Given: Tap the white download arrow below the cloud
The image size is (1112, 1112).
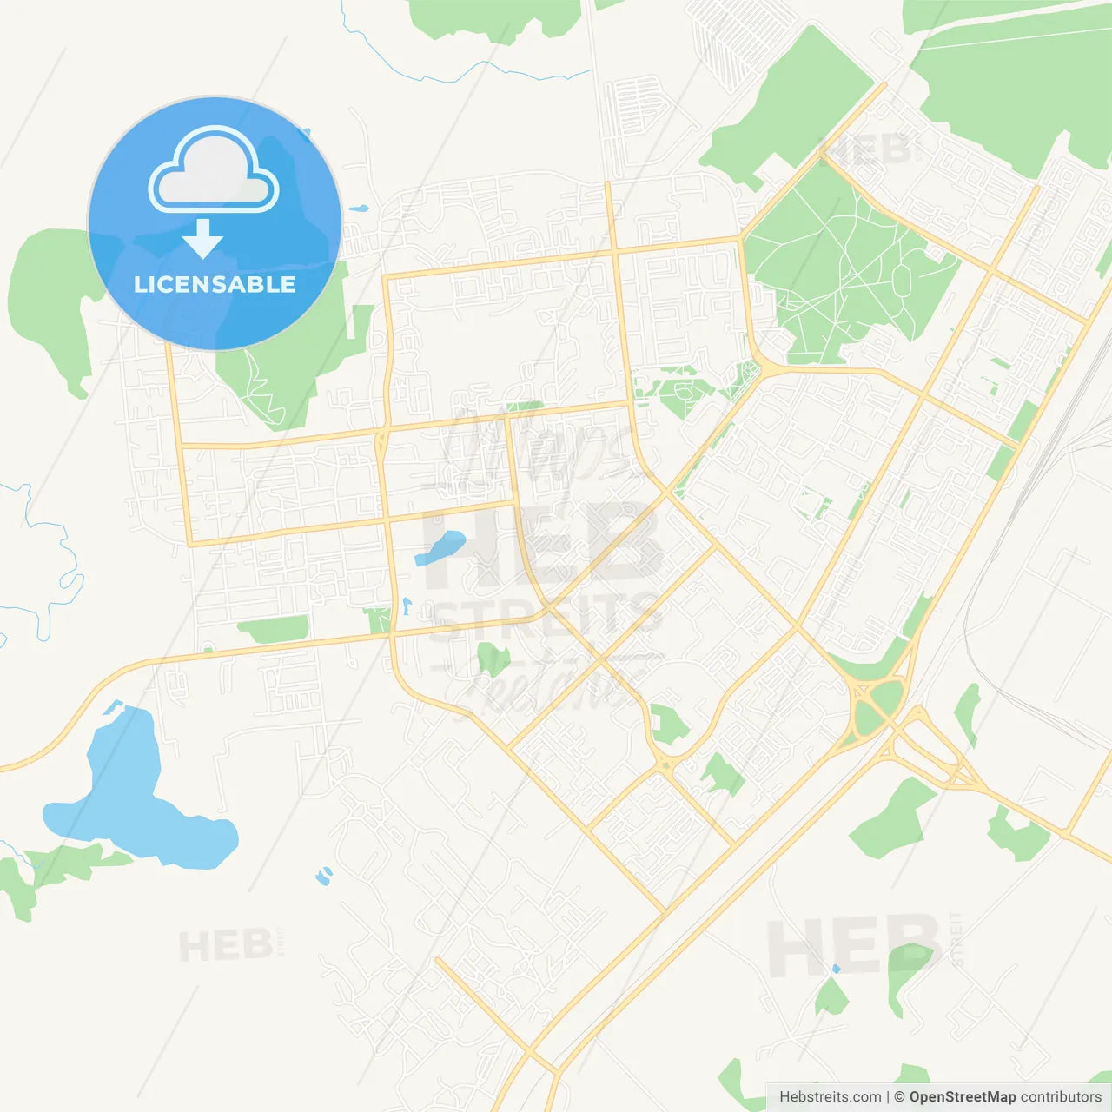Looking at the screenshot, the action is (x=202, y=238).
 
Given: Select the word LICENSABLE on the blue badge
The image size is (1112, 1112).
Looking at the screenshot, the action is (x=215, y=284).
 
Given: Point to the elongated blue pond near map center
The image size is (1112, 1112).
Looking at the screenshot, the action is (x=440, y=548).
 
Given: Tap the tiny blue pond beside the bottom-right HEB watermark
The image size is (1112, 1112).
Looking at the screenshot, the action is (x=836, y=968).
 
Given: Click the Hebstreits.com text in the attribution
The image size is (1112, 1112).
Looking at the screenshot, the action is (x=830, y=1097).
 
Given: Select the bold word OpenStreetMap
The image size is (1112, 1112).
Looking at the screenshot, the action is (x=962, y=1097).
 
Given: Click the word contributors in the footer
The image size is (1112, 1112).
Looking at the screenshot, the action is (x=1061, y=1097).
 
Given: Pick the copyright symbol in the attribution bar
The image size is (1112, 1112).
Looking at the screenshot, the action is (x=899, y=1097).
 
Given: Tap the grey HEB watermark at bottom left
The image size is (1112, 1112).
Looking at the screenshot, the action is (x=225, y=945).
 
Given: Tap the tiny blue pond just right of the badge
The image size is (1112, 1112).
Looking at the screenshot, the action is (x=358, y=209).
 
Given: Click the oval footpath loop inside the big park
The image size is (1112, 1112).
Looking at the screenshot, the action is (x=902, y=280).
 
